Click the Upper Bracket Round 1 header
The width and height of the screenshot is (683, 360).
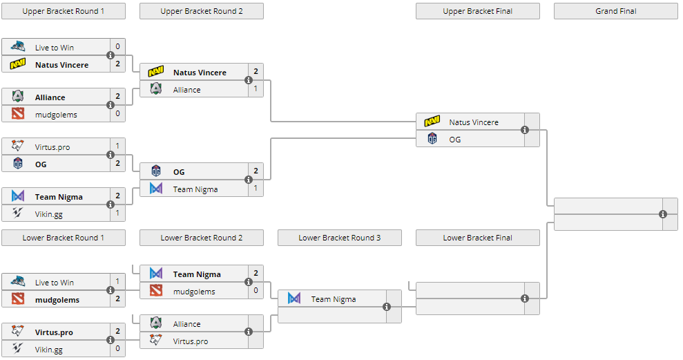click(64, 11)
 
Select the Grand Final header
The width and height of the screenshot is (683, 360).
click(615, 11)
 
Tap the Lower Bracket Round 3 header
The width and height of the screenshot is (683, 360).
click(339, 238)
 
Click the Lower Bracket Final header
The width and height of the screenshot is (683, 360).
click(477, 238)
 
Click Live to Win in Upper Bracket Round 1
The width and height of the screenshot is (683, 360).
click(55, 48)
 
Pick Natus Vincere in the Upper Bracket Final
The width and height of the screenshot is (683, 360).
click(474, 122)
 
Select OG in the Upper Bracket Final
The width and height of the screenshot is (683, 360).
click(455, 139)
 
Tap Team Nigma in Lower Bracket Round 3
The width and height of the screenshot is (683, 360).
click(334, 299)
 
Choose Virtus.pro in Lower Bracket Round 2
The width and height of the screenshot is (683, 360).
click(191, 341)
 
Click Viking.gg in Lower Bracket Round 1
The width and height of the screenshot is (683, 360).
click(49, 349)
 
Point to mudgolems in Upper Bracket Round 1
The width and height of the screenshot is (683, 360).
click(56, 114)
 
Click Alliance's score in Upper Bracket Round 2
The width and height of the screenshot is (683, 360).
click(256, 89)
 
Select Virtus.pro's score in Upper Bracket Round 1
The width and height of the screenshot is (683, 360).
click(117, 146)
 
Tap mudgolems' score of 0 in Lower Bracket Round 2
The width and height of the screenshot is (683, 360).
click(256, 291)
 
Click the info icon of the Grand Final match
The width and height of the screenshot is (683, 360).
click(663, 214)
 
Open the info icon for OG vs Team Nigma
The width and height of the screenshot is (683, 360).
click(249, 180)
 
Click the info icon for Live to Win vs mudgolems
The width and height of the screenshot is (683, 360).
click(110, 290)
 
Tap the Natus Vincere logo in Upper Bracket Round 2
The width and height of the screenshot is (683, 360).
click(156, 72)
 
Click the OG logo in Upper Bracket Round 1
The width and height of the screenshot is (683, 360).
click(18, 164)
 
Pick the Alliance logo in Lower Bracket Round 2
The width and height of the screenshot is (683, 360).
click(156, 323)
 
